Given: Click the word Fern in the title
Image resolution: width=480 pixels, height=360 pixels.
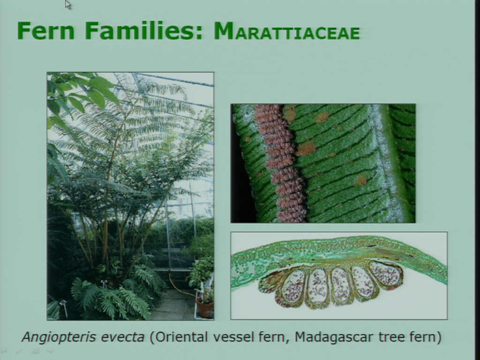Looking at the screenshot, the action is click(46, 30).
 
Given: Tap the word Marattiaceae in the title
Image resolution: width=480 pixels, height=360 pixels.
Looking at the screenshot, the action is click(287, 31).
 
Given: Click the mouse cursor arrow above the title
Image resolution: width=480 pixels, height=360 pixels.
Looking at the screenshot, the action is click(67, 5).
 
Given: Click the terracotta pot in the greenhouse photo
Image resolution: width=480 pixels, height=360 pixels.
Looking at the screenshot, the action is click(204, 307).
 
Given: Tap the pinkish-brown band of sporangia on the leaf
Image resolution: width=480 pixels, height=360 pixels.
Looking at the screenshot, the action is click(279, 163).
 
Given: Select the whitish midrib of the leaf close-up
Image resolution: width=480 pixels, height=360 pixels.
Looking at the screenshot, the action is click(387, 163).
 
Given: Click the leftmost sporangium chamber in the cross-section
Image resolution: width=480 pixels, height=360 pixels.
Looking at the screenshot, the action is click(293, 287).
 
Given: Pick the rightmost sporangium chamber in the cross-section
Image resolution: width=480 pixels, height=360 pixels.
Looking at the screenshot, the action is click(386, 273).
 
